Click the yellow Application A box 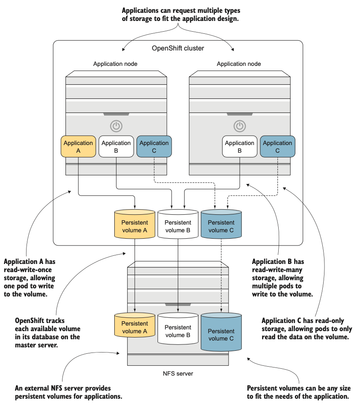coord(78,146)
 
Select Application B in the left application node coord(116,146)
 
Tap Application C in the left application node coord(154,146)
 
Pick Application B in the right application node coord(239,146)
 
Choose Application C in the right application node coord(277,146)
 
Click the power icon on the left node coord(116,126)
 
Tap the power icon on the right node coord(240,126)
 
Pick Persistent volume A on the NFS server coord(135,327)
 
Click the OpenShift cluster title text coord(178,48)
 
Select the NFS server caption coord(178,373)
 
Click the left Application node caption coord(115,64)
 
